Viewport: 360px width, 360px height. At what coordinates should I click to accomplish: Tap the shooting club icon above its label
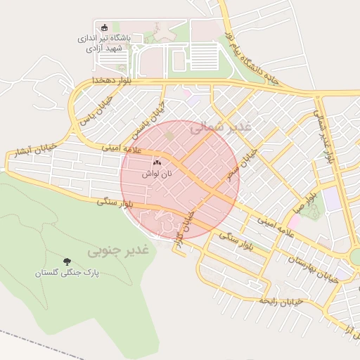pos(105,27)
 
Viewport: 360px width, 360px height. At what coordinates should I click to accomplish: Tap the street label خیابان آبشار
pos(29,152)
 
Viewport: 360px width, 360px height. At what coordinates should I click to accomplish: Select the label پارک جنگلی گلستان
pos(67,272)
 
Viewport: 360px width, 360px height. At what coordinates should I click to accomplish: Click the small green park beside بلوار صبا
pos(314,208)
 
